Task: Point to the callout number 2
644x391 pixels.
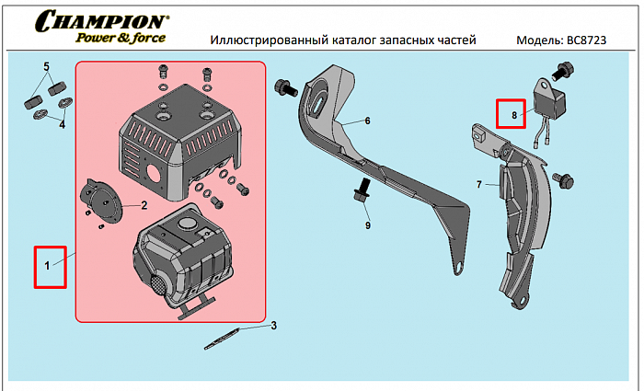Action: point(144,205)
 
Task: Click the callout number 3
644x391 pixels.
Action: point(273,325)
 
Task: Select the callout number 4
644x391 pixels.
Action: point(62,124)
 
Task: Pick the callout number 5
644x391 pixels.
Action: point(46,67)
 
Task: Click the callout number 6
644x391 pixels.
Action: point(366,121)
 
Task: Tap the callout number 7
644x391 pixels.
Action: point(479,185)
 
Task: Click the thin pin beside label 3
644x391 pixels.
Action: point(224,336)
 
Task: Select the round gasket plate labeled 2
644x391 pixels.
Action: point(101,201)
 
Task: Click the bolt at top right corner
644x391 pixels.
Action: point(563,69)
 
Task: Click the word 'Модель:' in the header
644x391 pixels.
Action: point(540,40)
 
